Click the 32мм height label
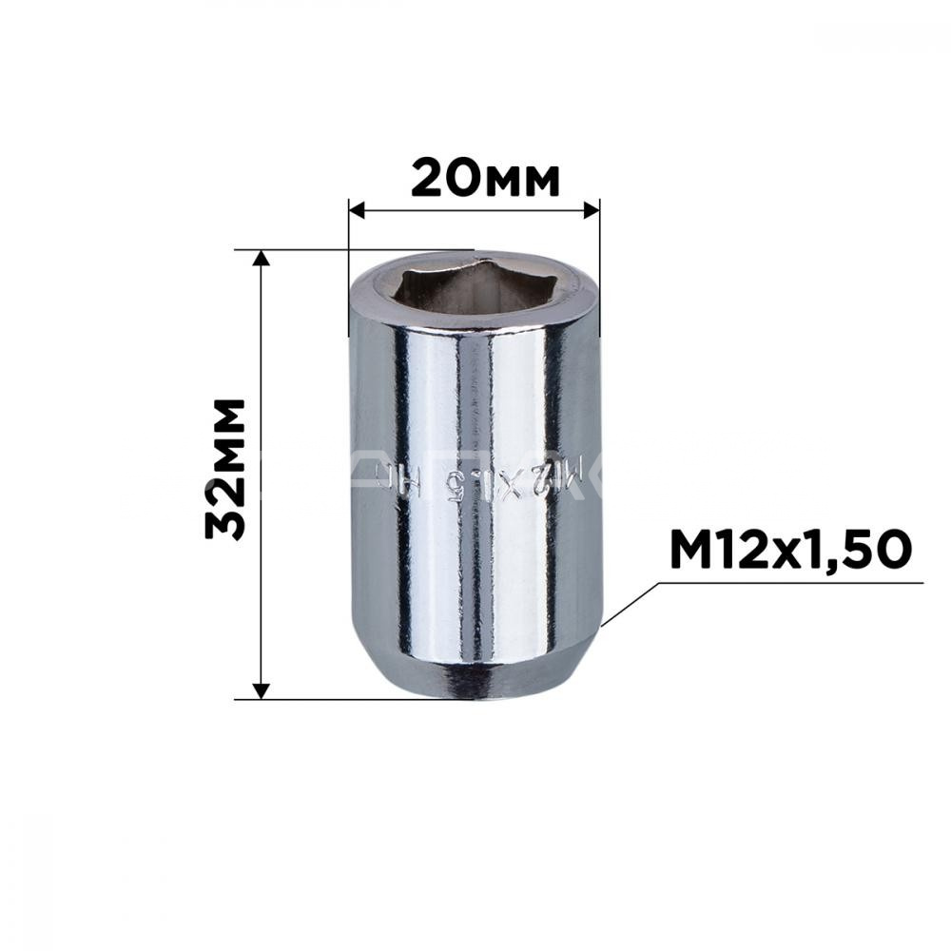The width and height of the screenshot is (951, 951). pyautogui.click(x=226, y=470)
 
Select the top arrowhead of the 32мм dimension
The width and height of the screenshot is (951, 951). pyautogui.click(x=262, y=260)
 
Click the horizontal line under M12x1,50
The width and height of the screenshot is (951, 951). pyautogui.click(x=789, y=582)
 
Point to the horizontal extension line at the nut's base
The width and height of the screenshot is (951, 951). pyautogui.click(x=314, y=699)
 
